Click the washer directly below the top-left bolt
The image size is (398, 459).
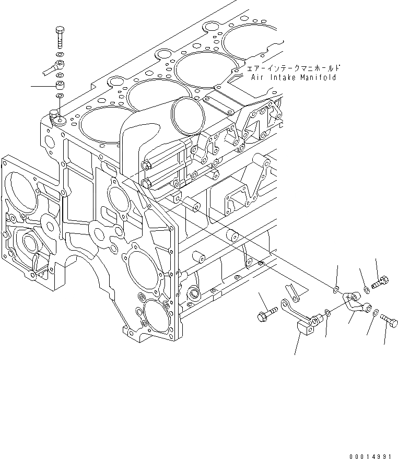pyautogui.click(x=60, y=54)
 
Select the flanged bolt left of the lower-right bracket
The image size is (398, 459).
pyautogui.click(x=263, y=315)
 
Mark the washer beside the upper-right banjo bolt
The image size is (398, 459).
pyautogui.click(x=367, y=289)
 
